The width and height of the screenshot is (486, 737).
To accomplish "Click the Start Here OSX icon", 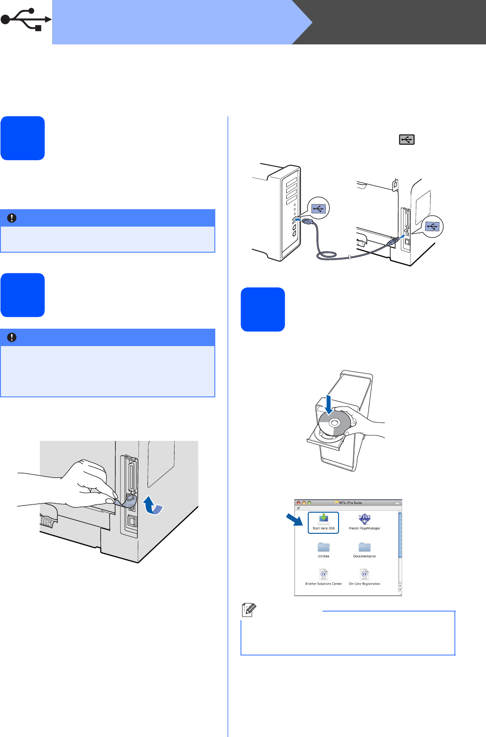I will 323,521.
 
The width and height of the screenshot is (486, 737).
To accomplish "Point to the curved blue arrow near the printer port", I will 153,505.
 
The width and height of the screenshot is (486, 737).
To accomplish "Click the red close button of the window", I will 299,503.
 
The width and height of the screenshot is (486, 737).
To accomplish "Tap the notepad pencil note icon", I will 249,609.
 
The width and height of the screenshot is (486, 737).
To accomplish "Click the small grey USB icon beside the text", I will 407,139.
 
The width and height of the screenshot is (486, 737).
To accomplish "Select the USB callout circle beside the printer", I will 432,226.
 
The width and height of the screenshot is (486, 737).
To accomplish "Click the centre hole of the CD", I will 334,423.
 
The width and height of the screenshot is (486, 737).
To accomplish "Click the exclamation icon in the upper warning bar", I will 12,218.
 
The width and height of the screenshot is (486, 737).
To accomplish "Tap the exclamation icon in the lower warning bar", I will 12,337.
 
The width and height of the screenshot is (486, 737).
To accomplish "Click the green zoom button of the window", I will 309,503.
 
